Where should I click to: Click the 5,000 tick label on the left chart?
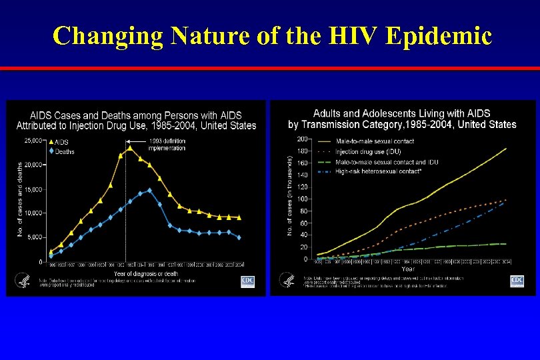coord(35,237)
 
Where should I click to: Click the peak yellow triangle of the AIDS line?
coord(130,148)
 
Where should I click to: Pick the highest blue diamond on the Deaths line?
coord(149,191)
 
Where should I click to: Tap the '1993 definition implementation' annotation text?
coord(167,144)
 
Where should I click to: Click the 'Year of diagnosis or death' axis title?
coord(145,273)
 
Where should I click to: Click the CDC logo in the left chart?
coord(248,281)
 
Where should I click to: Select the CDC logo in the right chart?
coord(517,281)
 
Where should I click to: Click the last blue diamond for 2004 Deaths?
coord(239,237)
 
